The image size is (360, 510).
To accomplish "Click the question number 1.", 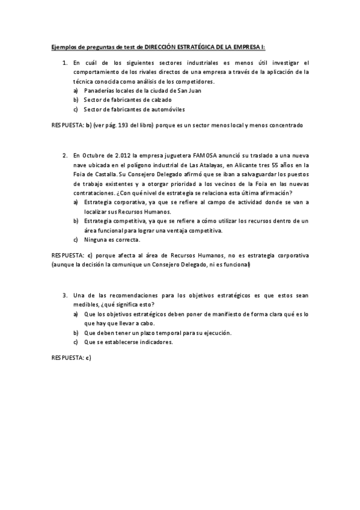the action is [x=65, y=63].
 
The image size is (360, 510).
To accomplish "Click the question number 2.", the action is [x=65, y=155].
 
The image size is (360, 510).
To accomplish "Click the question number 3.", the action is [x=65, y=296].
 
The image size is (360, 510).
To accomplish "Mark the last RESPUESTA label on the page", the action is [x=67, y=358].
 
